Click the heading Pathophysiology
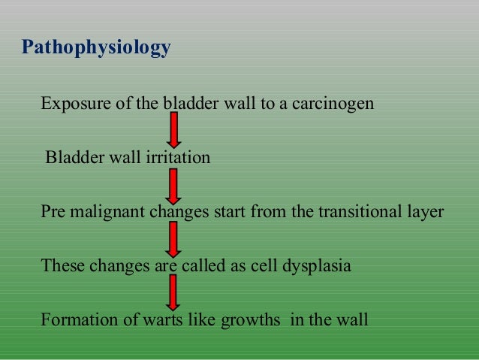coord(96,49)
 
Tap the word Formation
coord(74,320)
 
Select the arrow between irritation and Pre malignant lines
coord(173,185)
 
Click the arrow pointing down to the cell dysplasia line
coord(173,239)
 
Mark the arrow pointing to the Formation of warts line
coord(173,292)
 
